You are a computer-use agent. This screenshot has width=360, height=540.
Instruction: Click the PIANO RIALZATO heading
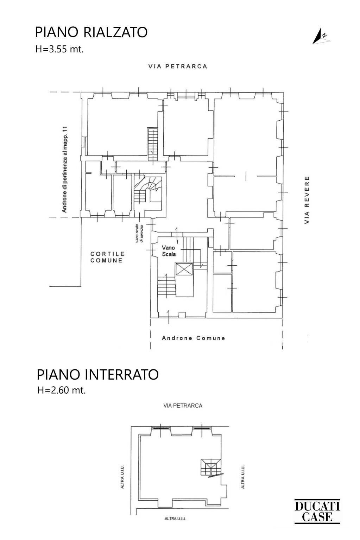coord(91,32)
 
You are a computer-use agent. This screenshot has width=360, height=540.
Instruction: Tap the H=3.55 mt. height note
coord(59,49)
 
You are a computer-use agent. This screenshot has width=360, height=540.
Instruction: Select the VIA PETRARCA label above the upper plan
coord(177,66)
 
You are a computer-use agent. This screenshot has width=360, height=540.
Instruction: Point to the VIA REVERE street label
coord(307,200)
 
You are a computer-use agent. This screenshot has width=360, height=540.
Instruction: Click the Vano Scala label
coord(168,250)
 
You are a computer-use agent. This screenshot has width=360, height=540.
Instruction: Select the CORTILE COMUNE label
coord(107,257)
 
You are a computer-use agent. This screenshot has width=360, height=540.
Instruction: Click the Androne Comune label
coord(193,338)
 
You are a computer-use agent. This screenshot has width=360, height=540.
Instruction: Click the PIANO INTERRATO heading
coord(98,375)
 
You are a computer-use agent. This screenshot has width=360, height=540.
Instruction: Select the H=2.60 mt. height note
coord(62,390)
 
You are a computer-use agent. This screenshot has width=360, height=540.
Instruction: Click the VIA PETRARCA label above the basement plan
coord(183,406)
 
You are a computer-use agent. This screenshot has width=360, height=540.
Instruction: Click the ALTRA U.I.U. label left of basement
coord(122,477)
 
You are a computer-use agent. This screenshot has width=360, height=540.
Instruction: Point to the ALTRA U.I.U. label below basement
coord(175,519)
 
